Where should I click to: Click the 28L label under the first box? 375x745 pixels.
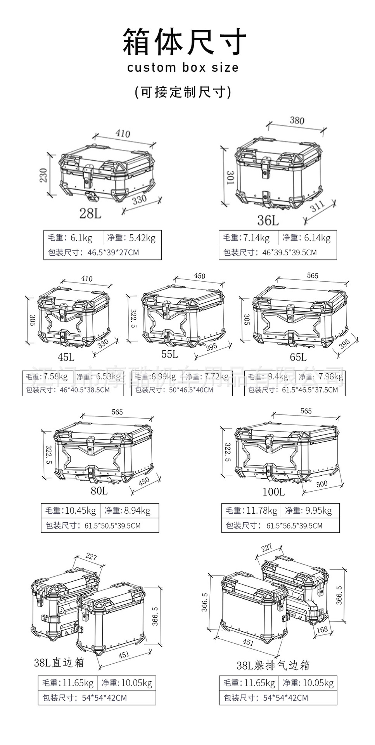click(90, 213)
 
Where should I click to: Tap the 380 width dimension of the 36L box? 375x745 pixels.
click(297, 120)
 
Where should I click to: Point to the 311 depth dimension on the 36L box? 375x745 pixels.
click(318, 207)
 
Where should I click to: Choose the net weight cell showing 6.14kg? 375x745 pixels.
click(307, 238)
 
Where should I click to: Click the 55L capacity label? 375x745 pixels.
click(169, 354)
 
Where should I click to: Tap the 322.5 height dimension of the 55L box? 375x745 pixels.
click(133, 318)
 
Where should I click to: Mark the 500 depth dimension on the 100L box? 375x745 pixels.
click(321, 484)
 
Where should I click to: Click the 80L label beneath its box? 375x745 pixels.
click(99, 490)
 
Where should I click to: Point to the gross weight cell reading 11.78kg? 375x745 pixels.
click(251, 511)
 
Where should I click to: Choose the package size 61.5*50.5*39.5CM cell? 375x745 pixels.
click(100, 526)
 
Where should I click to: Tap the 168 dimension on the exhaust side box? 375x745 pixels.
click(322, 629)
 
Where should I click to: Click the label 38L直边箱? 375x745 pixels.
click(59, 662)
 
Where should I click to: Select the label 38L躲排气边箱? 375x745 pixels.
click(273, 665)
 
